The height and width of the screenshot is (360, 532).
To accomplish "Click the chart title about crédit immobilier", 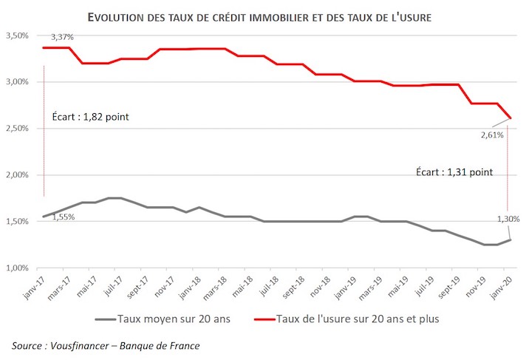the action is click(259, 17).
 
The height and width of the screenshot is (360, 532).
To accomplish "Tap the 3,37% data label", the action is click(62, 37).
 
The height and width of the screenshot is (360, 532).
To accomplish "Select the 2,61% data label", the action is click(492, 135).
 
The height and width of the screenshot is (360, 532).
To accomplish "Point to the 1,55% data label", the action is click(64, 217).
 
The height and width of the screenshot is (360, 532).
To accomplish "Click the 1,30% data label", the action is click(508, 220).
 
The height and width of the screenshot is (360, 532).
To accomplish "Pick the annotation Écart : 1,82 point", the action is click(91, 117).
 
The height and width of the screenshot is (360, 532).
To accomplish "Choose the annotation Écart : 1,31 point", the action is click(454, 172).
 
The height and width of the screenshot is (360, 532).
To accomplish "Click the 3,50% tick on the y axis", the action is click(17, 35).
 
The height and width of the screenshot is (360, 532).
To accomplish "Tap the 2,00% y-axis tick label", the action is click(17, 175).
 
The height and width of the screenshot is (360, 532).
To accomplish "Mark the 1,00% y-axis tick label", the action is click(17, 268).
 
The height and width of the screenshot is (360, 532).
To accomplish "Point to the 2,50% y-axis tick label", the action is click(17, 129).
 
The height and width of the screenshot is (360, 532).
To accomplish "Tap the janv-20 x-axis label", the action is click(501, 287).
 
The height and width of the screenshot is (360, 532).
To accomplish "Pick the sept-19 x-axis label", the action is click(449, 287).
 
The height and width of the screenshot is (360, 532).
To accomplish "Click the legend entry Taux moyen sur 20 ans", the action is click(163, 319).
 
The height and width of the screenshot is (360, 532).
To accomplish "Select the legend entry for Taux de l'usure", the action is click(347, 319).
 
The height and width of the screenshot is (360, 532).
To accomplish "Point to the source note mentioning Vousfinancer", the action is click(106, 346).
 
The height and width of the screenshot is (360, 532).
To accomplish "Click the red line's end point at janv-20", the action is click(511, 118).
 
